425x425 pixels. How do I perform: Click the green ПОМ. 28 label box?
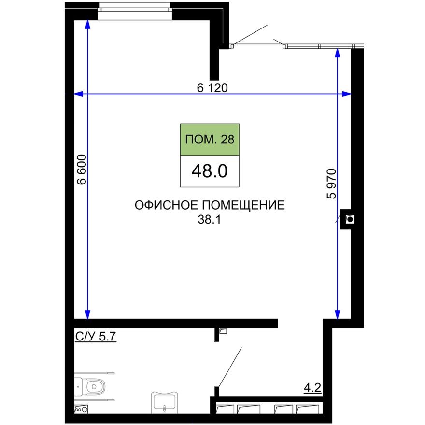210,140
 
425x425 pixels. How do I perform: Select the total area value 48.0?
210,171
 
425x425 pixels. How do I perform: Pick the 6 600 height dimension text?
82,170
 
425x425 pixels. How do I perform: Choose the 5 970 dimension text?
331,184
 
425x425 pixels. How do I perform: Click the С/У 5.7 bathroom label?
96,337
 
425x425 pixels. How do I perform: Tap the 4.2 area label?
312,387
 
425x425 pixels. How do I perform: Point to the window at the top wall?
135,10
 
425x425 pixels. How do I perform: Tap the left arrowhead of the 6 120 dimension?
77,94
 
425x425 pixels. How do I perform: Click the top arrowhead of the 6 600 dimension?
88,24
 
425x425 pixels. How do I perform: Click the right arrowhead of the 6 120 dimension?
346,94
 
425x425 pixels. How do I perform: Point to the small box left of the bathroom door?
223,331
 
